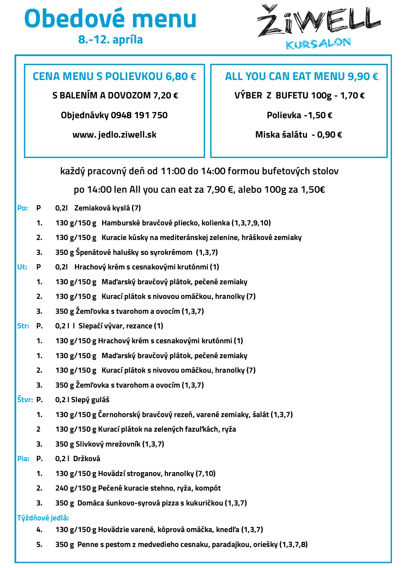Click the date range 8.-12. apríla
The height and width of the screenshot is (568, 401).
111,40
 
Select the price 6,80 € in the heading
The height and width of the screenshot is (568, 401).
181,76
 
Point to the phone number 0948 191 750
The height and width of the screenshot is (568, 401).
139,115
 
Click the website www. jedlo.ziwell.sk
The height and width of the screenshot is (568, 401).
114,135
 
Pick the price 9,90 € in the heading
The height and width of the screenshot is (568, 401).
363,76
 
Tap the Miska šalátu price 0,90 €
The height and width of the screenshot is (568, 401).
330,135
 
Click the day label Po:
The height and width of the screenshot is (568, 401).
22,208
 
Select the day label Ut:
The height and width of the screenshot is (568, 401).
22,267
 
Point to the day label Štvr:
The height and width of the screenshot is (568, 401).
25,400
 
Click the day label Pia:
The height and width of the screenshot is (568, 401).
23,459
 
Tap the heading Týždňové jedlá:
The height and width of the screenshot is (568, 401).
43,518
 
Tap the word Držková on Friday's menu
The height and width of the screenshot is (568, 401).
87,459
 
